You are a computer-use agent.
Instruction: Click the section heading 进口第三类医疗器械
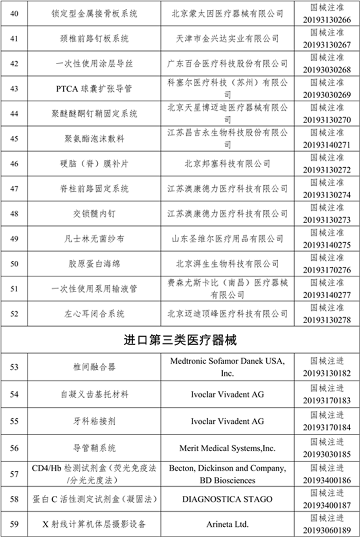click(180, 341)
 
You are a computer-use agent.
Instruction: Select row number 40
click(14, 13)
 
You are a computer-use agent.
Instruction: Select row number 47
click(14, 189)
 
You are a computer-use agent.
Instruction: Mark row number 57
click(14, 474)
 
